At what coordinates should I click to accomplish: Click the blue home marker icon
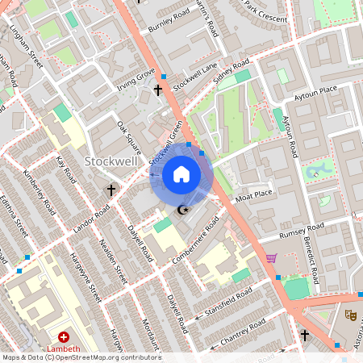click(x=181, y=175)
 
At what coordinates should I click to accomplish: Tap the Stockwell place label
click(x=113, y=161)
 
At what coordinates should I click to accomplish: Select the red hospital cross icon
click(x=64, y=337)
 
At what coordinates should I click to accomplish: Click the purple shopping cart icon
click(x=271, y=259)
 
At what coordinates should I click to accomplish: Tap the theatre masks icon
click(x=350, y=315)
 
